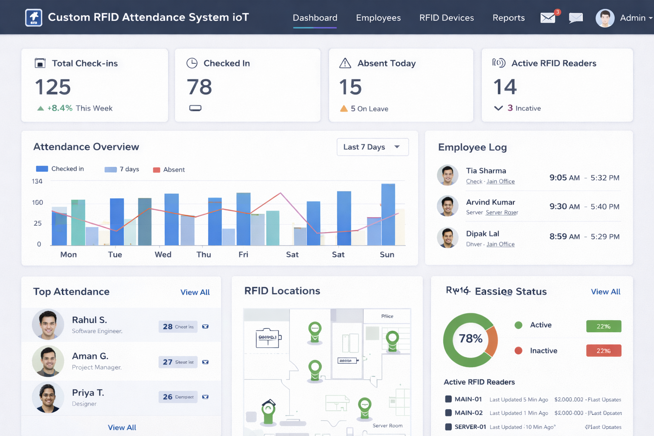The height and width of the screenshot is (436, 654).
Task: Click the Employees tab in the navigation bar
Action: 378,18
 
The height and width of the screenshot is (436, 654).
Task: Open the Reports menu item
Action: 508,18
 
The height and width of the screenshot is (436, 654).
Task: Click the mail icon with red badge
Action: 548,18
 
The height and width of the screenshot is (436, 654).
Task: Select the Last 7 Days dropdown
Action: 372,147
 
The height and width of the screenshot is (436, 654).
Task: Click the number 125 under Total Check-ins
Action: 53,87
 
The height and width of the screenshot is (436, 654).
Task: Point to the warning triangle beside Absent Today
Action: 345,63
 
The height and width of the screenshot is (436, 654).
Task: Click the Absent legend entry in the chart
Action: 169,169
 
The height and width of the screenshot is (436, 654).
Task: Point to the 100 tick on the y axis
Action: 37,202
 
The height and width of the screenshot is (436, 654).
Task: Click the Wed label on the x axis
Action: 163,255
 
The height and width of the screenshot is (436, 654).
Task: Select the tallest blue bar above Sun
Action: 388,214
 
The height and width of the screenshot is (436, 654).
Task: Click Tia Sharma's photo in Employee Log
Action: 447,175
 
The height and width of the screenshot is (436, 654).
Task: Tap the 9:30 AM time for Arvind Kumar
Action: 564,207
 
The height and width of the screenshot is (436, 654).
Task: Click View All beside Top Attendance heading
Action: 195,293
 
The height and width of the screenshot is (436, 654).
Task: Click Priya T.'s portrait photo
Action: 48,398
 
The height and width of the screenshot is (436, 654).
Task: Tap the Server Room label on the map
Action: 387,426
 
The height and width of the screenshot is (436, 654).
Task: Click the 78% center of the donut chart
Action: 470,339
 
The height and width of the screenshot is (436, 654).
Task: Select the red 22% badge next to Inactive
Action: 603,351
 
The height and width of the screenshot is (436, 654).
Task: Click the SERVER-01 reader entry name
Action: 470,427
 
